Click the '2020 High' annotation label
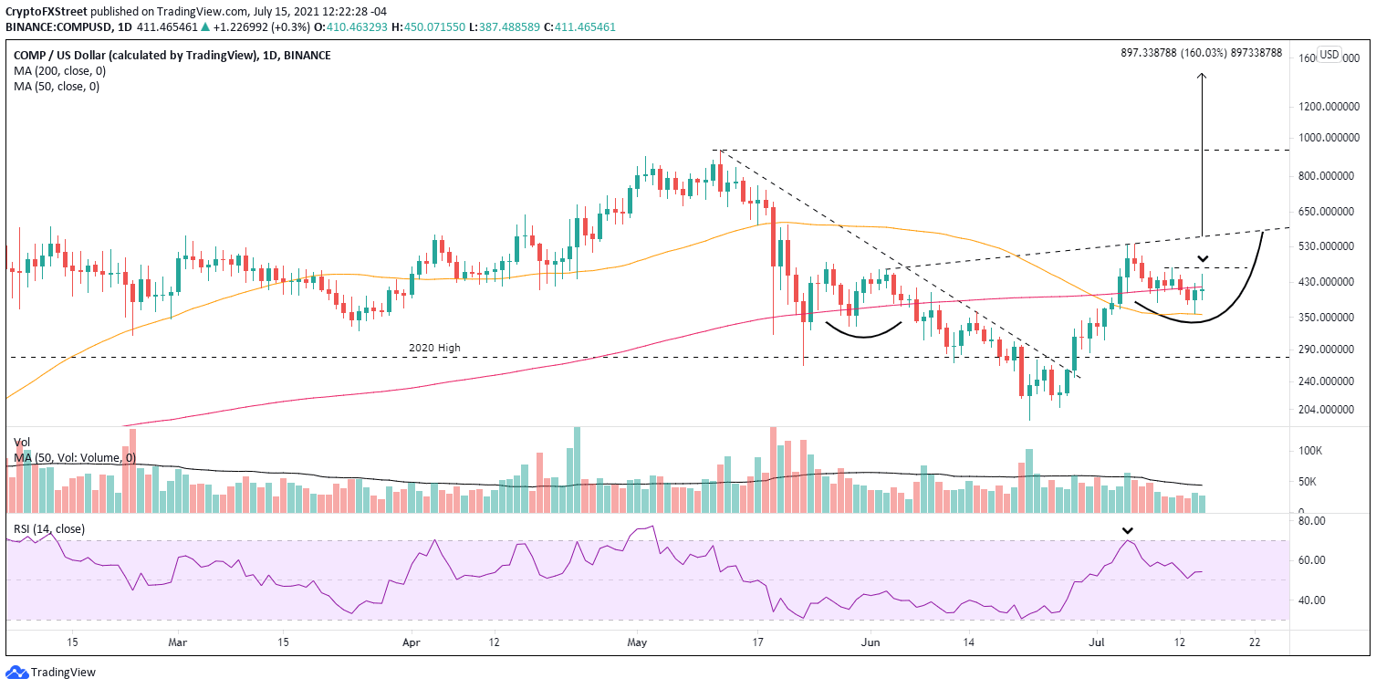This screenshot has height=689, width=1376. [433, 348]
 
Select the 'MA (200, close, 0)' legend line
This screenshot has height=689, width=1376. [57, 71]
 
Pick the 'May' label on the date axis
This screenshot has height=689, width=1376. [637, 642]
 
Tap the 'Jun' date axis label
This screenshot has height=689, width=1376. [869, 642]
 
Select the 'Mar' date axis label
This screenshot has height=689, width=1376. [178, 642]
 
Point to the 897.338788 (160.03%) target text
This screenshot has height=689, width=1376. [1201, 54]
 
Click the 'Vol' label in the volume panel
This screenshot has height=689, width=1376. [22, 440]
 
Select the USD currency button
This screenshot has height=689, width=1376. [1329, 55]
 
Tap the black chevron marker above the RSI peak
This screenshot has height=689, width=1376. [1128, 530]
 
